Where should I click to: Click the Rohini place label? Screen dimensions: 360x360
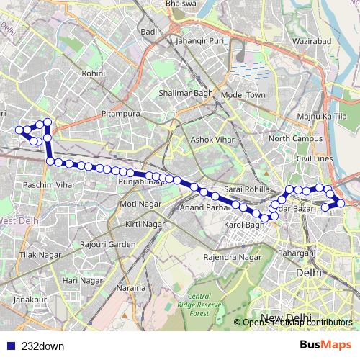[x=94, y=73]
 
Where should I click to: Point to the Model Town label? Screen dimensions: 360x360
[x=243, y=95]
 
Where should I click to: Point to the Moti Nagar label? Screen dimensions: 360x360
[x=137, y=204]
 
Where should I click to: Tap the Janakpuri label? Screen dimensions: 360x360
[x=30, y=298]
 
